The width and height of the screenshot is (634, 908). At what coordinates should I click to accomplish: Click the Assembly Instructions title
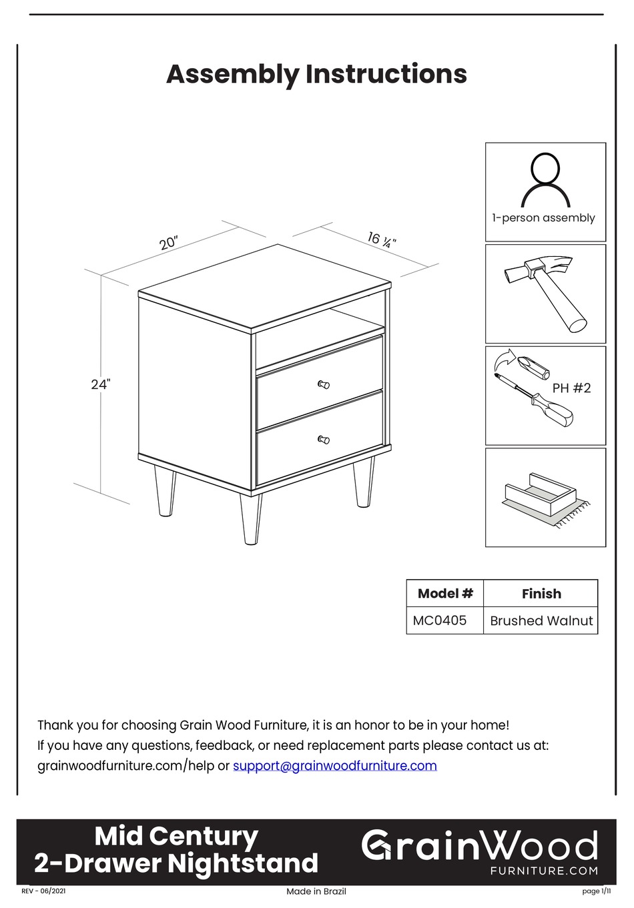click(316, 74)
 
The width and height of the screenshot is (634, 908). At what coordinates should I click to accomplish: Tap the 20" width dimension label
click(168, 242)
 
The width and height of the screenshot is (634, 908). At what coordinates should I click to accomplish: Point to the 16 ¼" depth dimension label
click(382, 240)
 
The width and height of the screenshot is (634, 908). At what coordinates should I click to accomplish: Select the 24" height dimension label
click(100, 384)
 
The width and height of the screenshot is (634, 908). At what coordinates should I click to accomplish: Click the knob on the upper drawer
click(324, 384)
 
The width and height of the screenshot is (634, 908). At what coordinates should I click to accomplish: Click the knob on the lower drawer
click(324, 440)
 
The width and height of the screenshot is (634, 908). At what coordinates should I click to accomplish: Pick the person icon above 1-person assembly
click(545, 180)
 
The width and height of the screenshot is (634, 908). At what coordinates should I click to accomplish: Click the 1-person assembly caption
click(543, 218)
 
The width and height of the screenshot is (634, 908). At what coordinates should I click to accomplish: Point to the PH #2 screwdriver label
click(571, 388)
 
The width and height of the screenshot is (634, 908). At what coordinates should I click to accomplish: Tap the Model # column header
click(445, 593)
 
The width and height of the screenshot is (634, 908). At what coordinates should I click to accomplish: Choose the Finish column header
click(541, 594)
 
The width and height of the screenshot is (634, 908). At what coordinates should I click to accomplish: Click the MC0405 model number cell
click(440, 620)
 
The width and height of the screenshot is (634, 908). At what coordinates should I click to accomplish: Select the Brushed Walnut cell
click(541, 620)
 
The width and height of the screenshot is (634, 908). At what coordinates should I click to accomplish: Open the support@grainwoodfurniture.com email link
click(335, 766)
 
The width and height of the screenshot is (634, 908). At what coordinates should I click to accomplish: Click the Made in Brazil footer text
click(316, 891)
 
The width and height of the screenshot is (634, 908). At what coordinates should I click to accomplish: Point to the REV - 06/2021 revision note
click(44, 891)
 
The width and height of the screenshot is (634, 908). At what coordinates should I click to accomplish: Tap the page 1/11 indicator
click(596, 891)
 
